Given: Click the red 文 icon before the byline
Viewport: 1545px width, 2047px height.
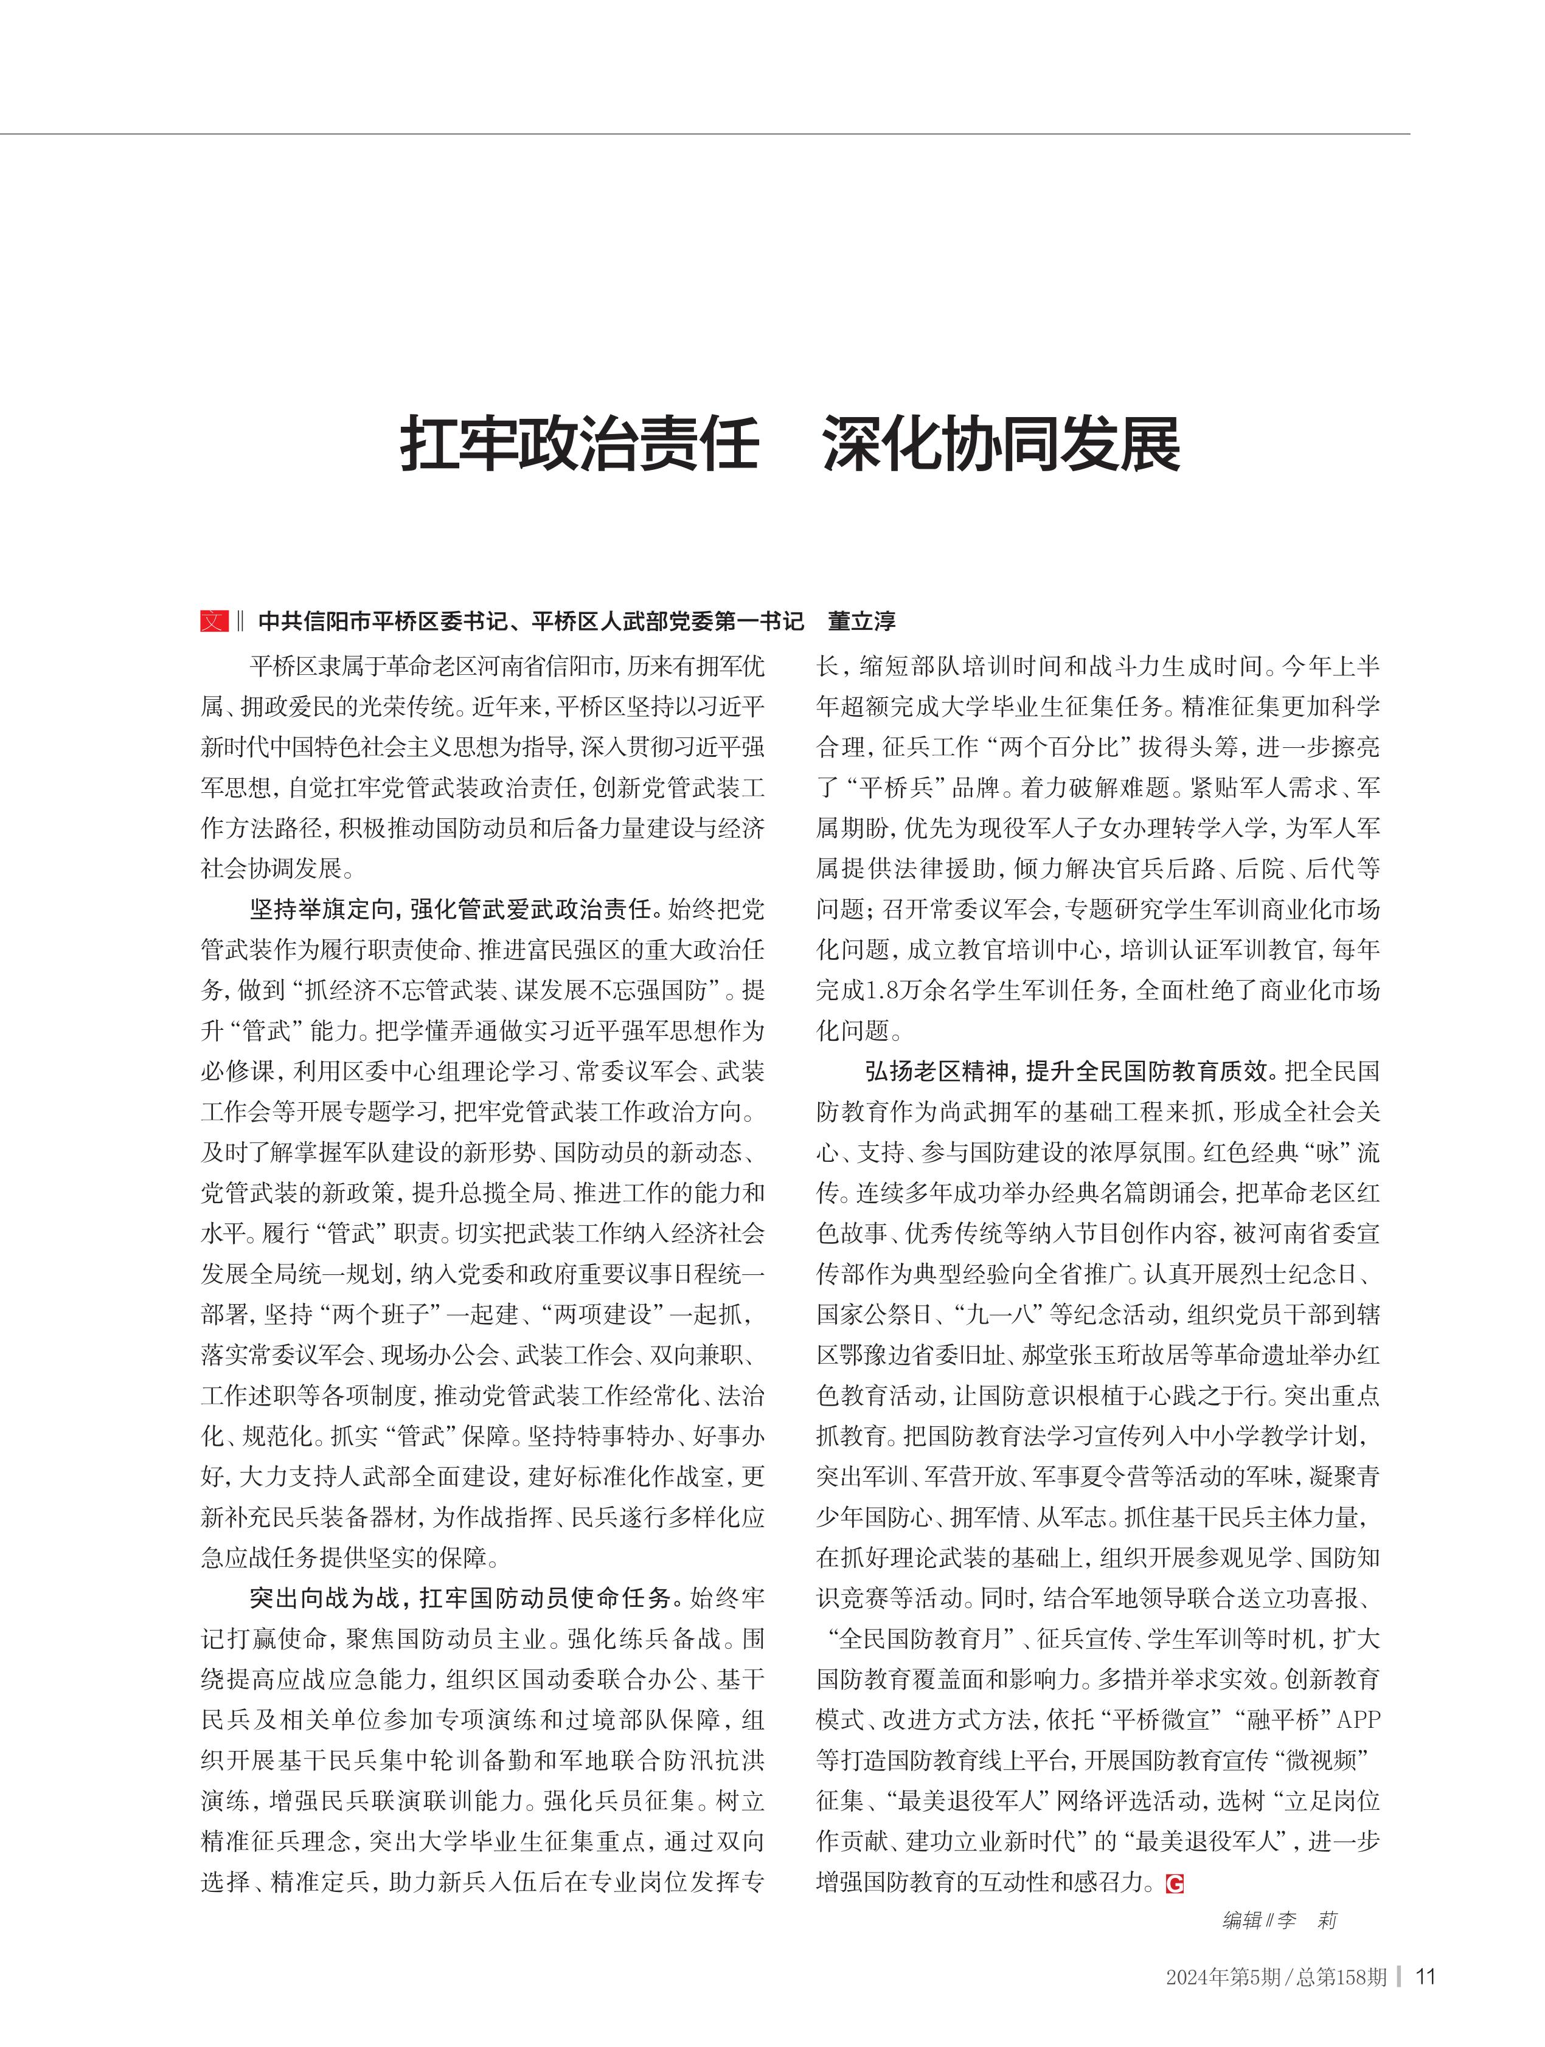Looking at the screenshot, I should click(214, 621).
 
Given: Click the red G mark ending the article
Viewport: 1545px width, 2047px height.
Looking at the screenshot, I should click(1175, 1883).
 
